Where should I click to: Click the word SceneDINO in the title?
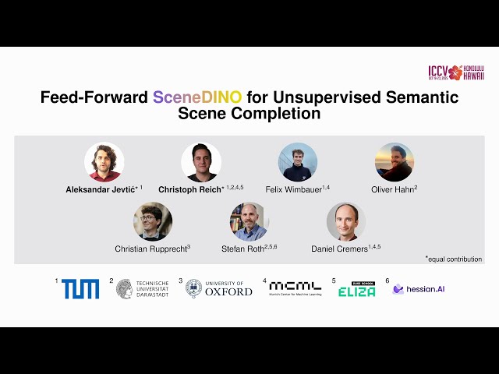pos(198,97)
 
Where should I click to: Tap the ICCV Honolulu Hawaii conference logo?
pos(456,72)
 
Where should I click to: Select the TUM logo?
pos(80,289)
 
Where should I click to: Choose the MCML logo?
pos(295,288)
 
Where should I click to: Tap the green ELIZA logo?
pos(356,289)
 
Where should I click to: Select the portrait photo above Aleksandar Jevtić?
pos(104,162)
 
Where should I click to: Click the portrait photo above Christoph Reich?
pos(201,162)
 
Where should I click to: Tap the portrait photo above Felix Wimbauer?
pos(298,162)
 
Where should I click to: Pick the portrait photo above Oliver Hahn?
pos(395,162)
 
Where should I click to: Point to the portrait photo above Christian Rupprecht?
pos(153,222)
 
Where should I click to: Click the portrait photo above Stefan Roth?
pos(249,222)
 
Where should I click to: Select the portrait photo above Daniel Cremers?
pos(346,222)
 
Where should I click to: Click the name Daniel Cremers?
pos(340,248)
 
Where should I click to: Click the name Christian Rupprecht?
pos(150,248)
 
